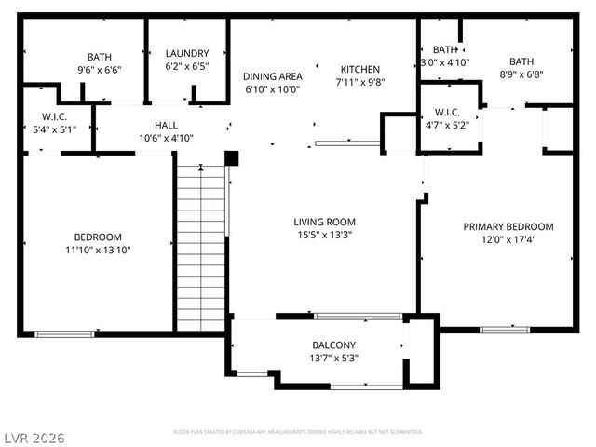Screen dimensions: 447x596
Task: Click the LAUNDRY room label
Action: (187, 54)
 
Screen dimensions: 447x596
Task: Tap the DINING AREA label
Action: (273, 76)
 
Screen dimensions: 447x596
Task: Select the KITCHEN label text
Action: (359, 69)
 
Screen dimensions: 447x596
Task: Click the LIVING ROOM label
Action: (325, 222)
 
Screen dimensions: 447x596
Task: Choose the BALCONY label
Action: (333, 345)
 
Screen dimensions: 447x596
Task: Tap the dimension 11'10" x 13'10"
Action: (98, 250)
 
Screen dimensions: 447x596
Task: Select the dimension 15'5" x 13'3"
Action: (325, 235)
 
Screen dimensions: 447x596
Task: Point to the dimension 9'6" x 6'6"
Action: (99, 69)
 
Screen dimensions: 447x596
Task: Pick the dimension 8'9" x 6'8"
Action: (521, 74)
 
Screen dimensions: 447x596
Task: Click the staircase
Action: (201, 247)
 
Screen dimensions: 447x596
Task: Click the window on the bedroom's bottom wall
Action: (64, 332)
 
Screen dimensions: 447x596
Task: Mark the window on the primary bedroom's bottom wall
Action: (505, 329)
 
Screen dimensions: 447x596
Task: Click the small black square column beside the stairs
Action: (232, 158)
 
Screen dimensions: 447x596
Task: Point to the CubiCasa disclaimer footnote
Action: (298, 432)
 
